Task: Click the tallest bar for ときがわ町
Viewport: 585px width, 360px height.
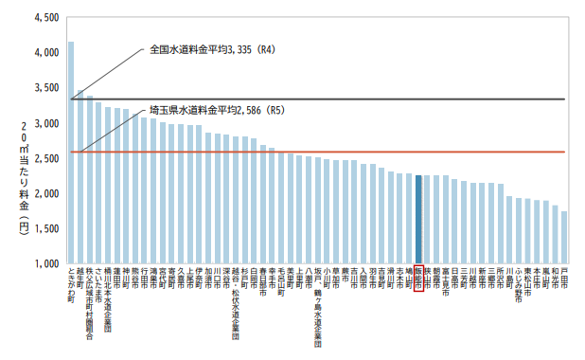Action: [x=71, y=152]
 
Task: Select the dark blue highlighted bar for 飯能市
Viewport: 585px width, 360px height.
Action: [x=418, y=219]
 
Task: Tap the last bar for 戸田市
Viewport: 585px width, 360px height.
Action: [x=564, y=237]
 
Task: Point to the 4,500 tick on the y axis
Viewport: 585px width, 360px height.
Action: [x=44, y=18]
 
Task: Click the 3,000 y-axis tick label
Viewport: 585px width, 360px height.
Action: [x=44, y=123]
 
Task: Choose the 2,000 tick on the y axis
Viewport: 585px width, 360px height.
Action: [x=44, y=193]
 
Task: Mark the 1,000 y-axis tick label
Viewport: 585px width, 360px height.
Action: [x=44, y=263]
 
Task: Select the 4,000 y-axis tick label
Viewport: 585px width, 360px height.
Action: [x=44, y=53]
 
